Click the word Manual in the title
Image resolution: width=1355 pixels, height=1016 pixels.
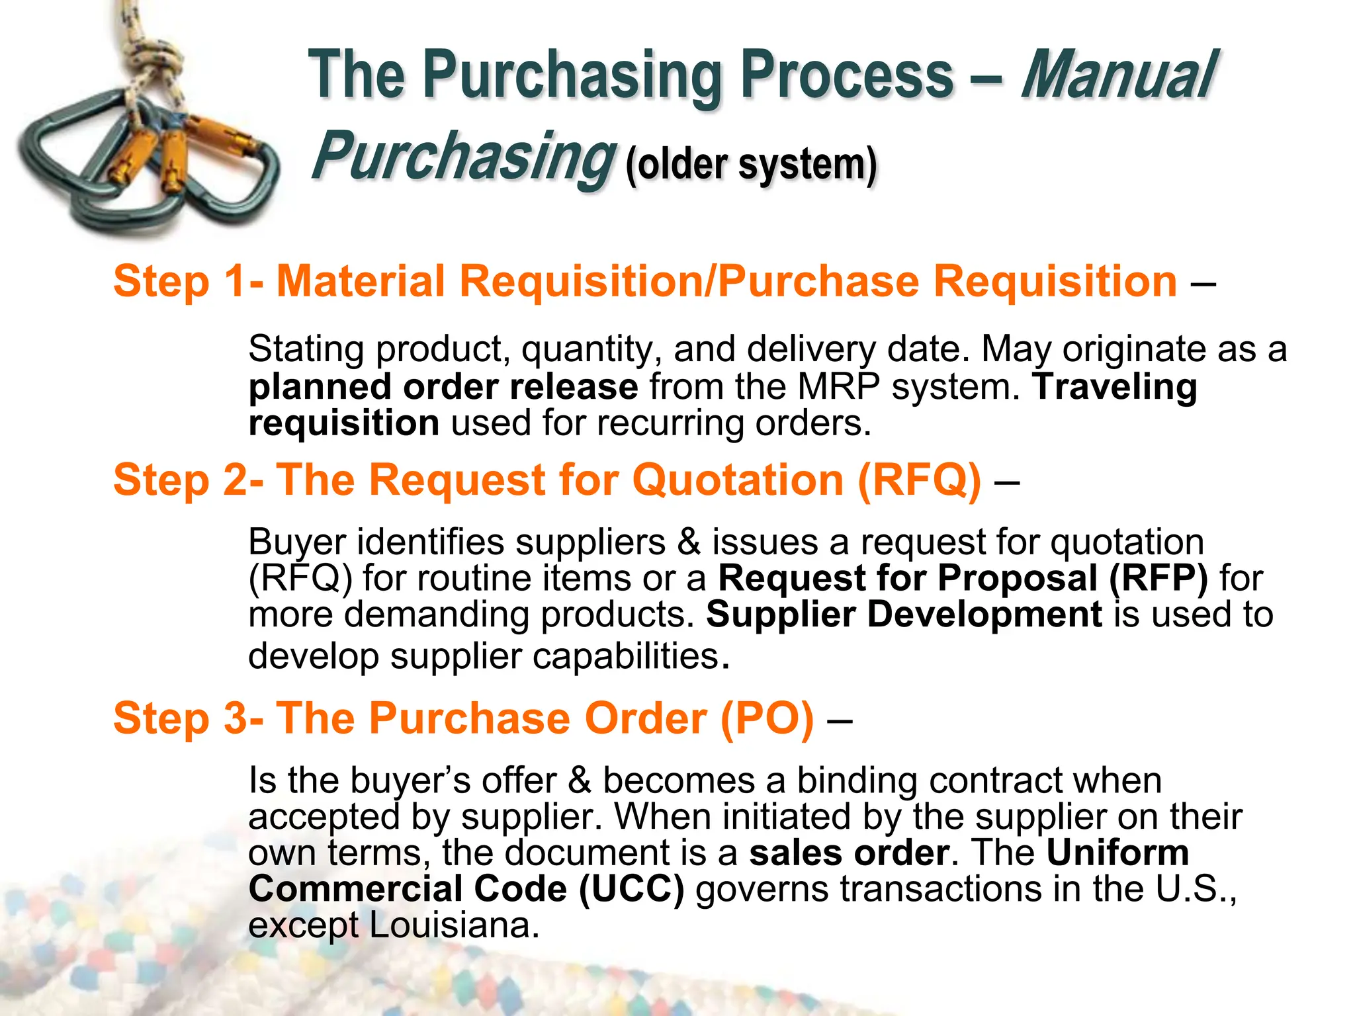pos(1118,76)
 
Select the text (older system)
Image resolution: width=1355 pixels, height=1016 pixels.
pos(751,163)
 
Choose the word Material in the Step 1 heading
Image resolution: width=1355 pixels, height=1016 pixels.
pos(361,282)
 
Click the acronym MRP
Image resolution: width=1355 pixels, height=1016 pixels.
pos(838,387)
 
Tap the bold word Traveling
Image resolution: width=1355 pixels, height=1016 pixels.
pos(1115,387)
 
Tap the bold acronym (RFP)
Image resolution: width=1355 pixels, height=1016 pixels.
pos(1158,579)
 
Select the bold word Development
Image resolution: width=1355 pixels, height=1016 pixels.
pos(984,614)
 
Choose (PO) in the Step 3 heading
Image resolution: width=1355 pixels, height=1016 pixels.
pos(767,718)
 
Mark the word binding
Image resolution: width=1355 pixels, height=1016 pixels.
pos(857,781)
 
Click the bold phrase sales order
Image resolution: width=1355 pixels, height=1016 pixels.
pos(850,853)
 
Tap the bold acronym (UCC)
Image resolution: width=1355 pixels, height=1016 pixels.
pos(631,889)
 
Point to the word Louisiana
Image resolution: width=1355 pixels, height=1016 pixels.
pos(455,925)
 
